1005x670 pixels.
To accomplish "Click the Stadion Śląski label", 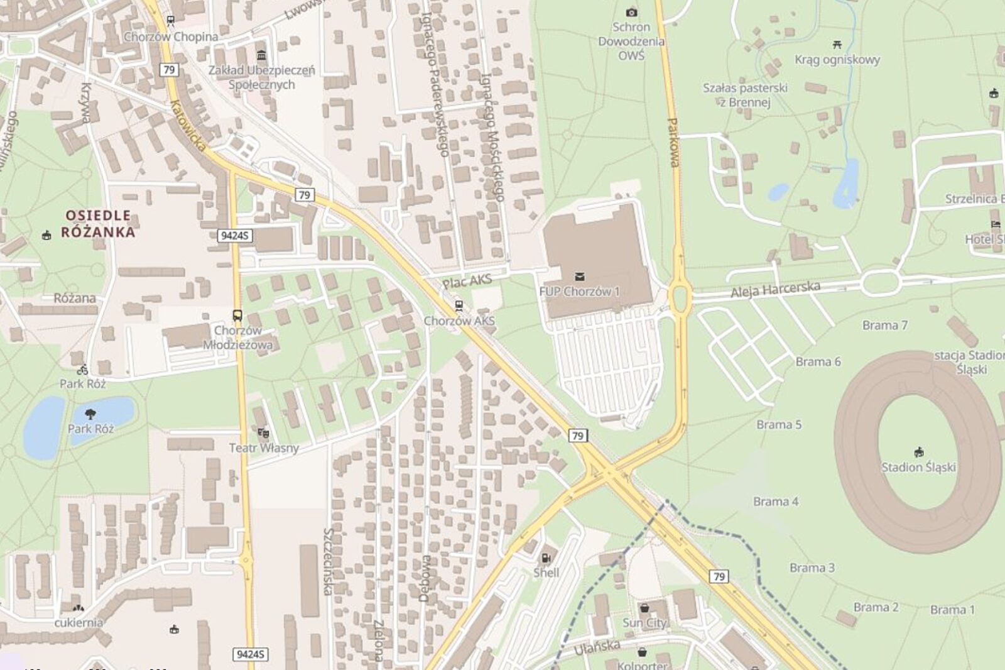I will (x=918, y=467).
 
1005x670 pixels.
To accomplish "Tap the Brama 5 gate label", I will (x=779, y=425).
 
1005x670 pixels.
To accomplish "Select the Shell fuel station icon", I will (x=546, y=557).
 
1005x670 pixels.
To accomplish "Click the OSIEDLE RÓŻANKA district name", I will (x=98, y=224).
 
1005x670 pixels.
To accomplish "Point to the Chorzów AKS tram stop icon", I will (x=459, y=306).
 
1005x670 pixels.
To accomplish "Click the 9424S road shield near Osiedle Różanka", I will (x=235, y=236).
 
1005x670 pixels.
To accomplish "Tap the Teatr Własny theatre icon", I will (x=263, y=433).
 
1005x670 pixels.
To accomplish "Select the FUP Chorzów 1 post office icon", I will (x=579, y=277).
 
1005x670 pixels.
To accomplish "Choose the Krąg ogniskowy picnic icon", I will (x=837, y=45).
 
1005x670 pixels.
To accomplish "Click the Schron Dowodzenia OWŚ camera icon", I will (x=631, y=13).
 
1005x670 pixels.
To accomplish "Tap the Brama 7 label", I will (x=884, y=326).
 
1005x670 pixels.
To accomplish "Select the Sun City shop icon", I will (x=644, y=608).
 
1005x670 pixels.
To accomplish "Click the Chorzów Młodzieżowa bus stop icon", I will (x=237, y=316).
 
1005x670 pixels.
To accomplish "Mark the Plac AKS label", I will (x=467, y=282).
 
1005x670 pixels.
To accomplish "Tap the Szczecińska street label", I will (x=328, y=561).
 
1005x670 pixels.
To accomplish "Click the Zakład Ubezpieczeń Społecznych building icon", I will (x=262, y=55).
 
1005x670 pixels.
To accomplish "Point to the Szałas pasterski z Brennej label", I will (x=745, y=95).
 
